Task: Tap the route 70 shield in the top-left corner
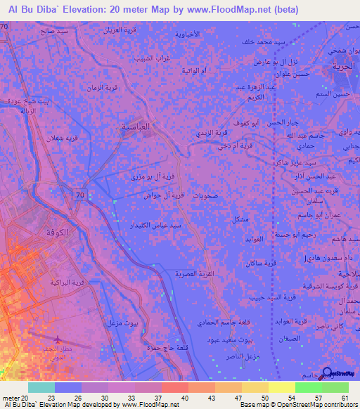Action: click(x=6, y=26)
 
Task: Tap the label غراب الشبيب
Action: click(x=149, y=58)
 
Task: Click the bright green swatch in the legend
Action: click(x=308, y=387)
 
